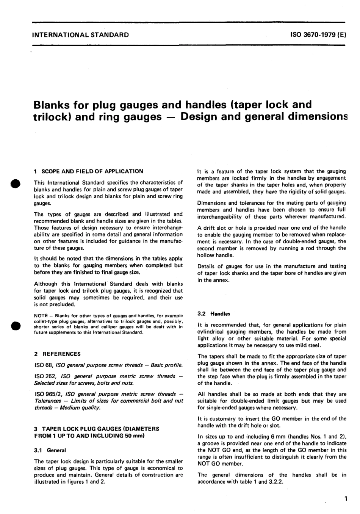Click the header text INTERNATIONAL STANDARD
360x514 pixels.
coord(81,35)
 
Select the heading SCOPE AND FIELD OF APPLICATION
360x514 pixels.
coord(92,171)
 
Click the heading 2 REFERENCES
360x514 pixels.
coord(57,354)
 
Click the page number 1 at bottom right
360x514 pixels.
coord(345,499)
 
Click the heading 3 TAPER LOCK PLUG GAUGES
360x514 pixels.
coord(97,429)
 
